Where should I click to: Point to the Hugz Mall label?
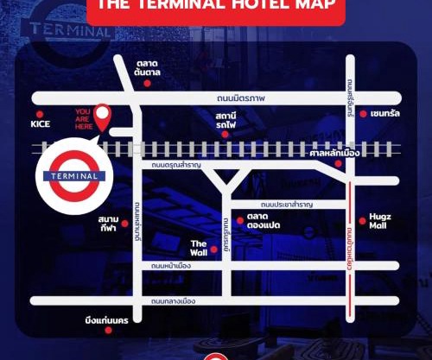point(380,221)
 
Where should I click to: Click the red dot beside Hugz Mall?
point(363,221)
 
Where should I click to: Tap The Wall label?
point(199,249)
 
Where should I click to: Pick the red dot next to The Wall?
point(213,249)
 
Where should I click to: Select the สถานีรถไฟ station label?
point(226,120)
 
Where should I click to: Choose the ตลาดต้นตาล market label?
point(150,69)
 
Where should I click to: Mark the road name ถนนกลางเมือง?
point(174,301)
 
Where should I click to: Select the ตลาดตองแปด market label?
point(259,221)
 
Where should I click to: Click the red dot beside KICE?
point(38,113)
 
